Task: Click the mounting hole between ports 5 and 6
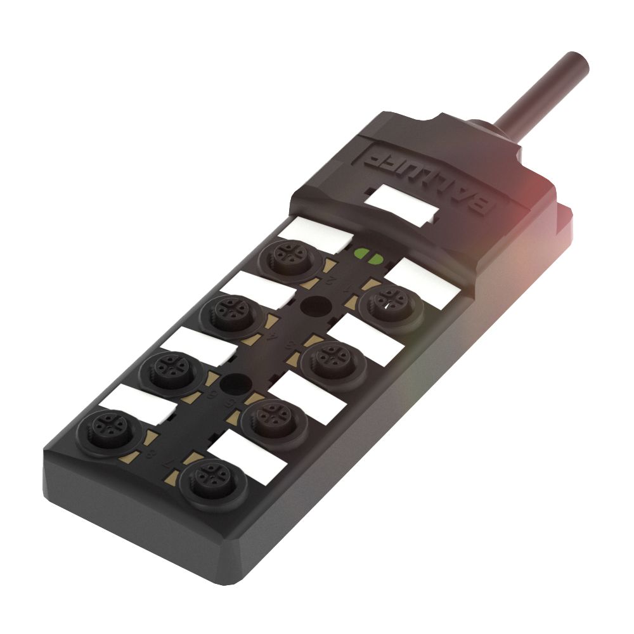point(235,384)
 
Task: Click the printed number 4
point(273,338)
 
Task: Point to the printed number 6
point(212,394)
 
